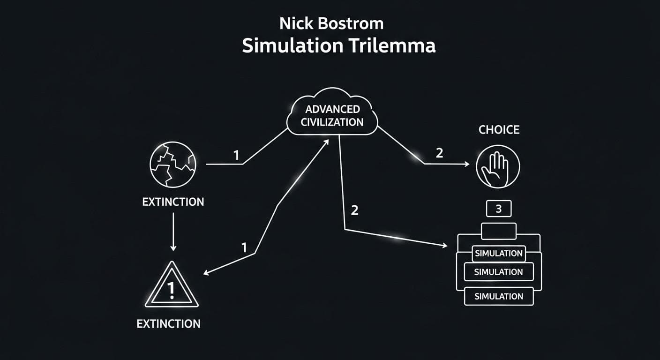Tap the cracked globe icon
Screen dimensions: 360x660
click(172, 164)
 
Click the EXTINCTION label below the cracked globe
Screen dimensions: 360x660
click(173, 202)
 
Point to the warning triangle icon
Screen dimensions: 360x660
click(171, 287)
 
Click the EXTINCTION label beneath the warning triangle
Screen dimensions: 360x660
click(168, 323)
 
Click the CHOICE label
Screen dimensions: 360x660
click(499, 130)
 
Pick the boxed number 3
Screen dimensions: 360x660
click(498, 209)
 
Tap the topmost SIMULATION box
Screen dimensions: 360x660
click(498, 254)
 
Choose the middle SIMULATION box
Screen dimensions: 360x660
click(498, 272)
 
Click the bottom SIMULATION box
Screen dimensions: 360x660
click(498, 296)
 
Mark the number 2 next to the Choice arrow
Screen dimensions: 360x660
click(439, 153)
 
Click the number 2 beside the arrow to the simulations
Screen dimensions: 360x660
click(354, 210)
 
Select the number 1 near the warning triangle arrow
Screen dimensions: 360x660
click(244, 247)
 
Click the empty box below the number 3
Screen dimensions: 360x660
click(498, 231)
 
